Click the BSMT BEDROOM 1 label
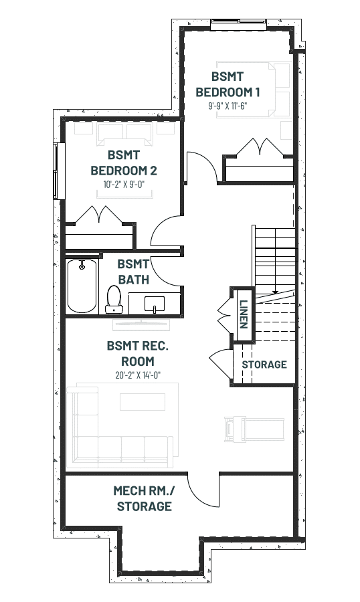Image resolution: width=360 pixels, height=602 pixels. tap(228, 84)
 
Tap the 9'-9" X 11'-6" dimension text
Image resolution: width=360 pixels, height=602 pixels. tap(228, 106)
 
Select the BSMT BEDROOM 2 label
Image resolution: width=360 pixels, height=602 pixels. tap(124, 163)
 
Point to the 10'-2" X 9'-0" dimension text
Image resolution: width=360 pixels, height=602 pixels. tap(124, 185)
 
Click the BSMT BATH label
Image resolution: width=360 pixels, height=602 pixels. tap(133, 272)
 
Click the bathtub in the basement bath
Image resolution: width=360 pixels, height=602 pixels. tap(82, 286)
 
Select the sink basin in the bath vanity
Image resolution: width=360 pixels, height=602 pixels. tap(155, 304)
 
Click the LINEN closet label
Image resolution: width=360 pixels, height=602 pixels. tap(243, 314)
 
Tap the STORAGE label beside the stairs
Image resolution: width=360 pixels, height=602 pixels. tap(264, 365)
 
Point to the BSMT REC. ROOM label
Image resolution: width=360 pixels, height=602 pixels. tap(138, 354)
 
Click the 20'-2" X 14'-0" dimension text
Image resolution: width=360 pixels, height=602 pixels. tap(138, 375)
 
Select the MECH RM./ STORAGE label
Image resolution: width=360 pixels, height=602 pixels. tap(144, 498)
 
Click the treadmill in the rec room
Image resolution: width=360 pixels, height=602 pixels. tap(254, 429)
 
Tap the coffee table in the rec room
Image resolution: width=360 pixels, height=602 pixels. tap(143, 401)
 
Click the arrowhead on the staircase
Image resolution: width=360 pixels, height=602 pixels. tap(275, 292)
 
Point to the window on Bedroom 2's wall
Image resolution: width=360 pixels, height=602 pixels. tap(59, 171)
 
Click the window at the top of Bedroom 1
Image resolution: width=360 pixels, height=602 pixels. tap(239, 24)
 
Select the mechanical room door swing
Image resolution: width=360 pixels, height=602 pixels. tap(203, 490)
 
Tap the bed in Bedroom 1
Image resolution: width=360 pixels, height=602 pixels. tap(253, 90)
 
